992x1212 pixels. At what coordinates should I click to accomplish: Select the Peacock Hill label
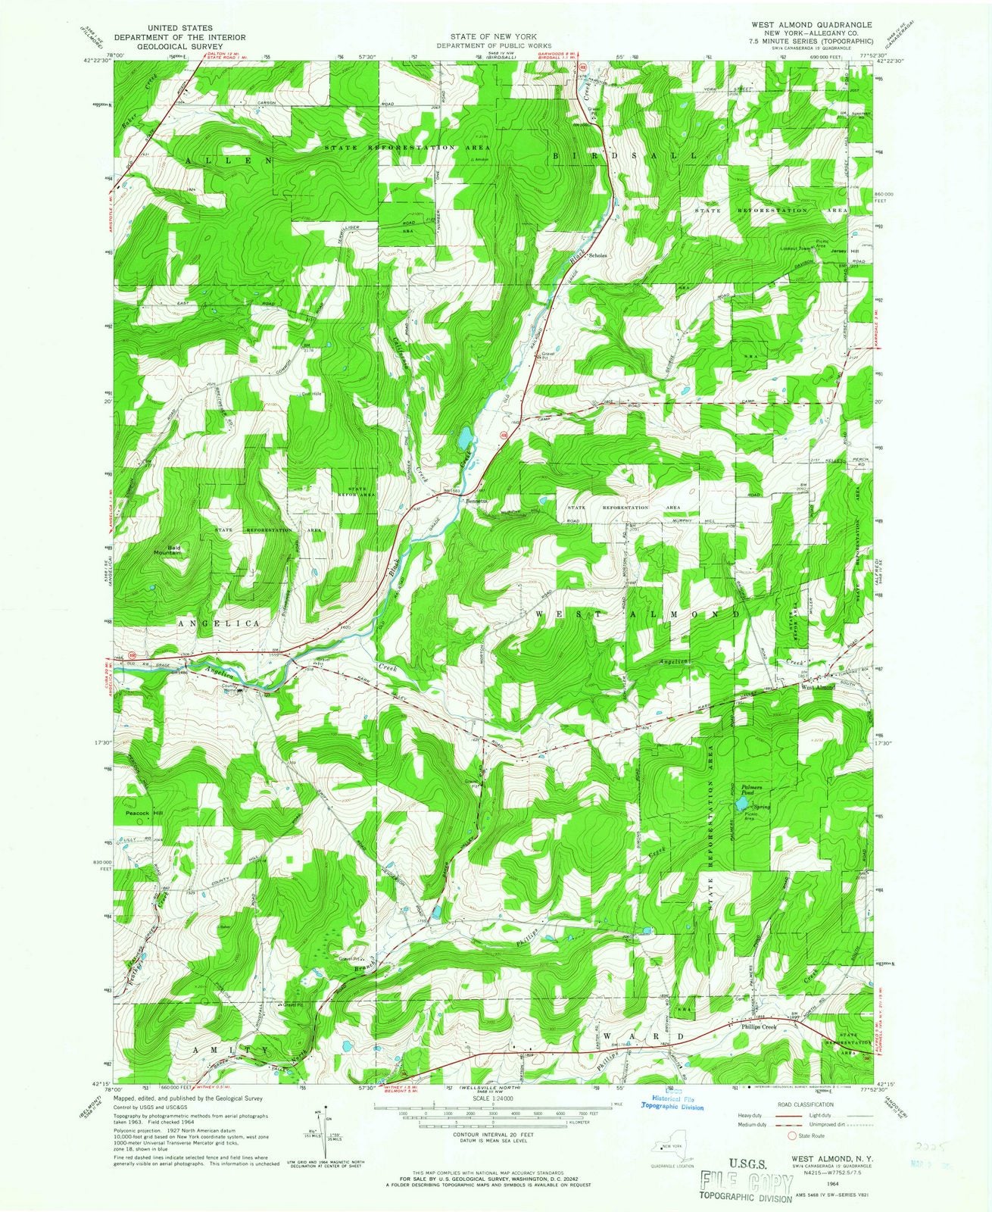coord(144,813)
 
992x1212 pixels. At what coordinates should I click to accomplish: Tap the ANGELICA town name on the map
coord(219,623)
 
